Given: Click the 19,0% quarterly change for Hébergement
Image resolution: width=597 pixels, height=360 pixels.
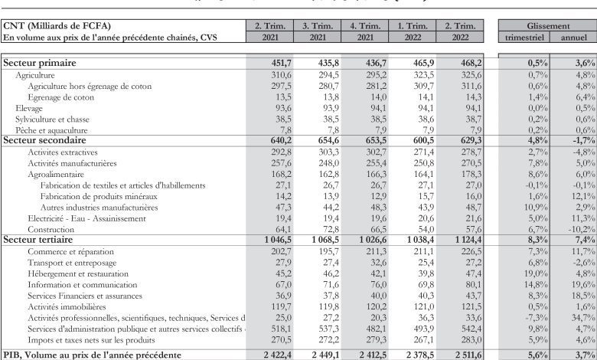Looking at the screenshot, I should tap(527, 273).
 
